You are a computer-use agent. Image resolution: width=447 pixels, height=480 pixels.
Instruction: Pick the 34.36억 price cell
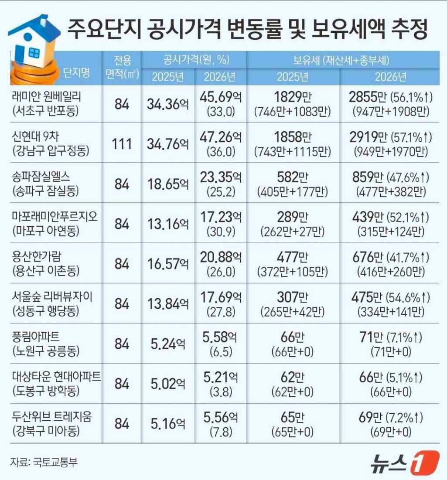(168, 104)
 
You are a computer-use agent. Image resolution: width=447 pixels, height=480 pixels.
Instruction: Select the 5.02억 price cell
(168, 383)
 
